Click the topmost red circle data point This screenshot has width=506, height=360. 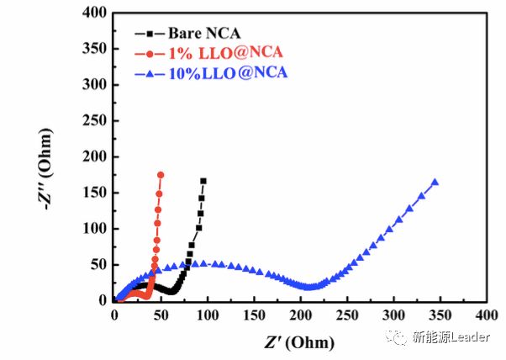(161, 175)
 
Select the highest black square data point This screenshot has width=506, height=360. (203, 181)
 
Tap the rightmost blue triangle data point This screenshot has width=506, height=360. (435, 182)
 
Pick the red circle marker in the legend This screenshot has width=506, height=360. (150, 54)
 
